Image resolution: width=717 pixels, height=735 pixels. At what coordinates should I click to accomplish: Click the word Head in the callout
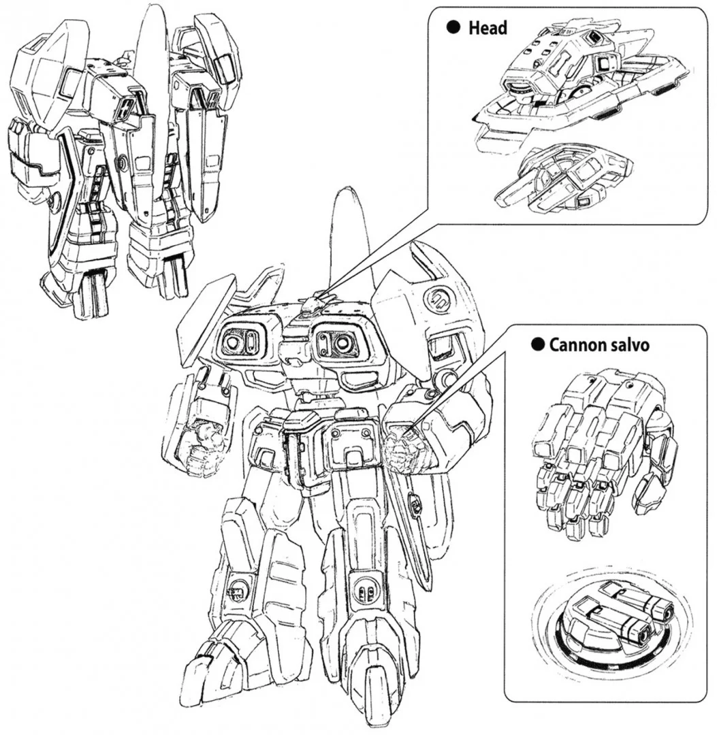click(488, 28)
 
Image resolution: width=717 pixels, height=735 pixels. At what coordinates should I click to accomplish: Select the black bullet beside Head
click(453, 28)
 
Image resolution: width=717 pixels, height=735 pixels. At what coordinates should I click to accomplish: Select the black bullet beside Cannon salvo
click(538, 345)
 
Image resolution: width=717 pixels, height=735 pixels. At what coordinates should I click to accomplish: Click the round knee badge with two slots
click(364, 592)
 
